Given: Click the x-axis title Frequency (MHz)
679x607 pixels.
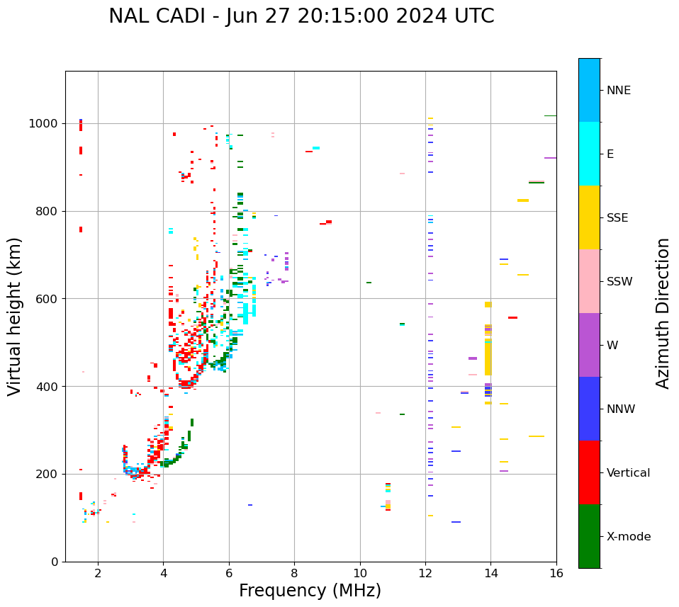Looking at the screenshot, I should tap(310, 591).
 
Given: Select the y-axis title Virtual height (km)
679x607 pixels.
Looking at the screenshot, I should tap(15, 316).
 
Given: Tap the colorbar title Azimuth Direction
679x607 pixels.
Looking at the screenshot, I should tap(663, 313).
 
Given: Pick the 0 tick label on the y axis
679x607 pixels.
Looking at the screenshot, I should tap(55, 562).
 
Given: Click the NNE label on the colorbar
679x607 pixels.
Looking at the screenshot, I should tap(619, 91).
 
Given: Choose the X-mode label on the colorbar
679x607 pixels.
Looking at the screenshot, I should tap(629, 537).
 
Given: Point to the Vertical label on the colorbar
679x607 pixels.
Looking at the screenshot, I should tap(629, 473).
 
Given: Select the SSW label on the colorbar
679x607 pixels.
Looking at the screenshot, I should tap(619, 282).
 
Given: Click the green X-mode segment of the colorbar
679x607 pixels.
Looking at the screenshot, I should tap(589, 536).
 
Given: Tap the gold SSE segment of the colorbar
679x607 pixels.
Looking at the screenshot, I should tap(589, 217).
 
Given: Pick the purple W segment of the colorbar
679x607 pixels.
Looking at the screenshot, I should tap(589, 345).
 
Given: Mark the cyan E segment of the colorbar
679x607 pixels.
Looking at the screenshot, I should tap(589, 154).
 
